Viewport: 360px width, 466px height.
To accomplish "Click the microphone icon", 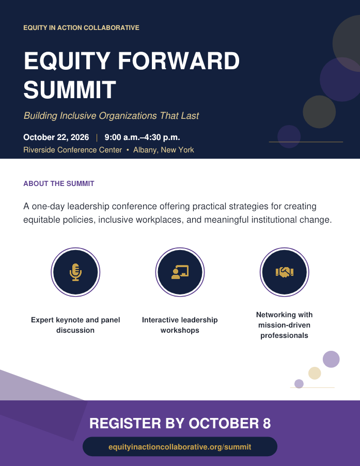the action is point(75,272).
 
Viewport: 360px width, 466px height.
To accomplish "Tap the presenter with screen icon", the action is point(180,272).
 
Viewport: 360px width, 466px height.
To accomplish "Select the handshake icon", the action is point(285,272).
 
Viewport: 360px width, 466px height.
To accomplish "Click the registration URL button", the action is point(180,447).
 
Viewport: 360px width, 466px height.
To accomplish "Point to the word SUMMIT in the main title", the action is point(70,89).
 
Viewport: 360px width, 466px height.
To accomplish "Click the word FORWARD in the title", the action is point(179,61).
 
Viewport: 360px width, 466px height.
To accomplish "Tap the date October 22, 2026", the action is point(56,137).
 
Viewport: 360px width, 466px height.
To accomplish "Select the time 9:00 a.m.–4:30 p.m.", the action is point(142,137).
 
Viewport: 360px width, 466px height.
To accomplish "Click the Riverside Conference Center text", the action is point(73,150).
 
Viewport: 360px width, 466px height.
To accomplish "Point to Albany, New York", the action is point(164,150).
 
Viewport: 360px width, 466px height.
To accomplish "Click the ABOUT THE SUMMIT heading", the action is point(59,183).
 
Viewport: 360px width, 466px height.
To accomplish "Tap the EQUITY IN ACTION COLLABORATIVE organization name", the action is point(82,27).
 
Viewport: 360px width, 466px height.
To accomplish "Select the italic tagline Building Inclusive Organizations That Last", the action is point(112,116).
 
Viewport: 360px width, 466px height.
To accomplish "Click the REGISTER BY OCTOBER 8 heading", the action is point(180,423).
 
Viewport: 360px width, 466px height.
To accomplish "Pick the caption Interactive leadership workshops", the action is point(180,325).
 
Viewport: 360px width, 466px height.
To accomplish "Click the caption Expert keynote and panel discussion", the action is point(75,325).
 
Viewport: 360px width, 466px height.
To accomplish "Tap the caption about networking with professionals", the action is point(285,325).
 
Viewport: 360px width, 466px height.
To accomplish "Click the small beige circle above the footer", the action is point(315,373).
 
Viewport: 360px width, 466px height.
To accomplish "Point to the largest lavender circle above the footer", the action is point(331,359).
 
